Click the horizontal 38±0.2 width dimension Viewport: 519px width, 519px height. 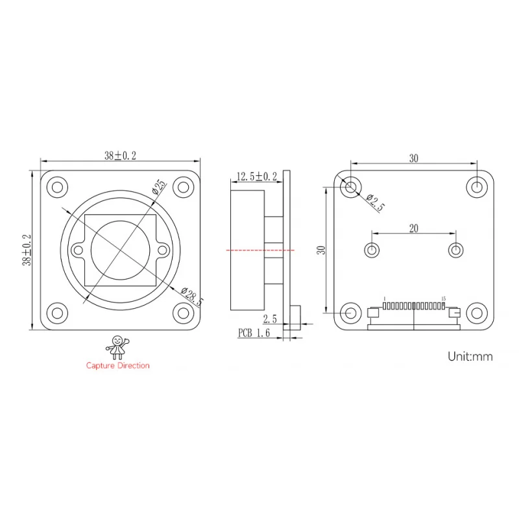click(120, 156)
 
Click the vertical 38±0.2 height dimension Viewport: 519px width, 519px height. click(27, 250)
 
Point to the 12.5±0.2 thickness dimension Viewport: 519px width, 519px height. click(256, 176)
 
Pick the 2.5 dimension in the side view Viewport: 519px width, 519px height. click(271, 319)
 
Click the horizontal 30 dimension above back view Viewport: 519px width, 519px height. click(413, 158)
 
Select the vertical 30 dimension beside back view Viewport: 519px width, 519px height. click(320, 250)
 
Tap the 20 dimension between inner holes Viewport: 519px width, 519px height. click(413, 227)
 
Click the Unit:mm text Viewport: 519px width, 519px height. click(470, 356)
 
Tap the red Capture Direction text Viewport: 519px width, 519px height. click(117, 365)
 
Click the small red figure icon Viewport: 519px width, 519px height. click(118, 346)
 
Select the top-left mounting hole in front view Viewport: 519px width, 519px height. click(57, 187)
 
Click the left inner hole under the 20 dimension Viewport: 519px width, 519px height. click(372, 250)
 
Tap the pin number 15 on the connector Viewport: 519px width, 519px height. click(443, 299)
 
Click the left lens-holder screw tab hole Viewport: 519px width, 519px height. click(78, 249)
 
